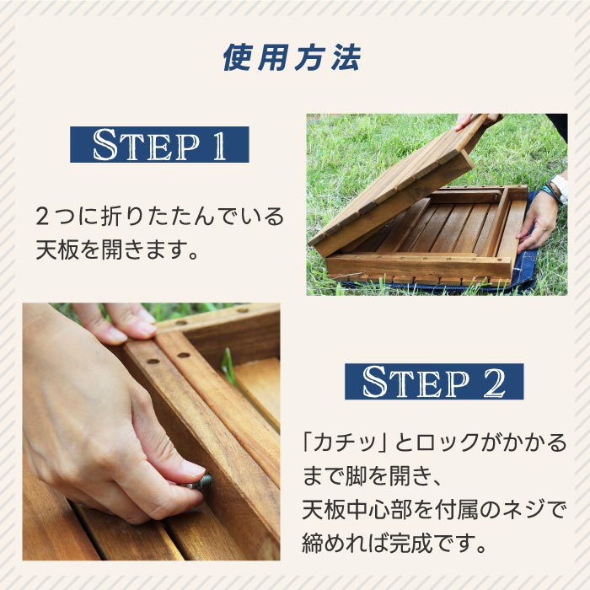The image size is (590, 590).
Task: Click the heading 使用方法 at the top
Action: pos(292,58)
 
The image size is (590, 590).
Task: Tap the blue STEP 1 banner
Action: pos(159,144)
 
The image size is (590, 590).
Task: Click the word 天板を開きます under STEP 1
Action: pos(118,250)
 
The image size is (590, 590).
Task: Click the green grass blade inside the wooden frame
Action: pos(228,367)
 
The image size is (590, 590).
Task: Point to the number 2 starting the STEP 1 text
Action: pos(43,217)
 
